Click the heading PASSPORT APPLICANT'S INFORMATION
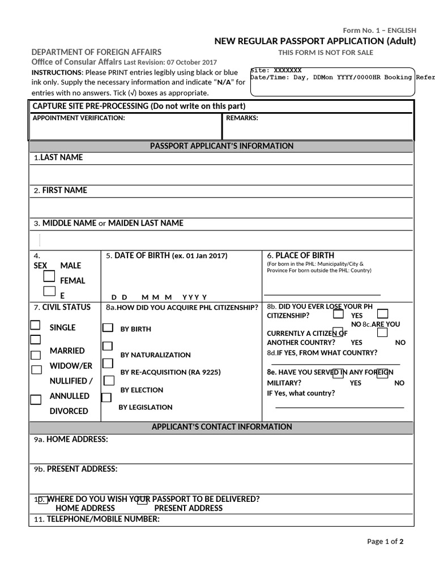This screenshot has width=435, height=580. click(x=221, y=146)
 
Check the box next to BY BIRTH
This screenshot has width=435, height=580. click(x=107, y=328)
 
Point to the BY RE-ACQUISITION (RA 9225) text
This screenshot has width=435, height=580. click(x=170, y=373)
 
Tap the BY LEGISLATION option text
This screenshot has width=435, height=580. click(x=145, y=407)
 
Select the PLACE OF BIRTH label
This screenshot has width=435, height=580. click(x=300, y=255)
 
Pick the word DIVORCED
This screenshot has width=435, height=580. click(x=69, y=411)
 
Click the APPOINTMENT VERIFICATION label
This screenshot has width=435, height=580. click(x=79, y=118)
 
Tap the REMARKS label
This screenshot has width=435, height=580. click(x=242, y=118)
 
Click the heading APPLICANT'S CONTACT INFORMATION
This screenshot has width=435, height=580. click(x=221, y=427)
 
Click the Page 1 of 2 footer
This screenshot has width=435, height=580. click(x=385, y=541)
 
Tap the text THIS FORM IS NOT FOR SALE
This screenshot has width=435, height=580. click(x=326, y=53)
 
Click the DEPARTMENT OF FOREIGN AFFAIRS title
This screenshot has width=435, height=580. click(x=96, y=52)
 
